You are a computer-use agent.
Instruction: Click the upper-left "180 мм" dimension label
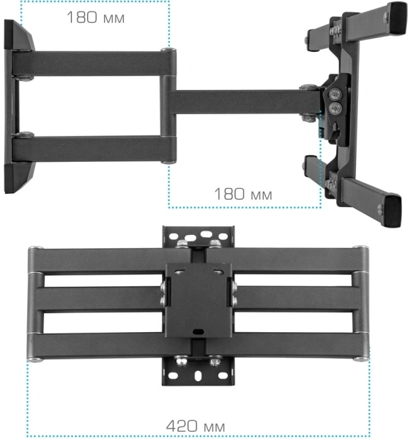click(x=95, y=17)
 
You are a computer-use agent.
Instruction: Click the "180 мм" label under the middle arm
click(x=242, y=194)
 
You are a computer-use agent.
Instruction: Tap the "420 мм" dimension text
click(x=196, y=425)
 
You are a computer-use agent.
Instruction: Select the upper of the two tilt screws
click(x=335, y=94)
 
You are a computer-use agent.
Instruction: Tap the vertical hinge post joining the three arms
click(x=168, y=106)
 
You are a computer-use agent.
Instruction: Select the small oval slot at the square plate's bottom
click(x=196, y=333)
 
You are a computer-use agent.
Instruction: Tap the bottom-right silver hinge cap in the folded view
click(x=360, y=357)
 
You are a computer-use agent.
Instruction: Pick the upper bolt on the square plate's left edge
click(x=162, y=287)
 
